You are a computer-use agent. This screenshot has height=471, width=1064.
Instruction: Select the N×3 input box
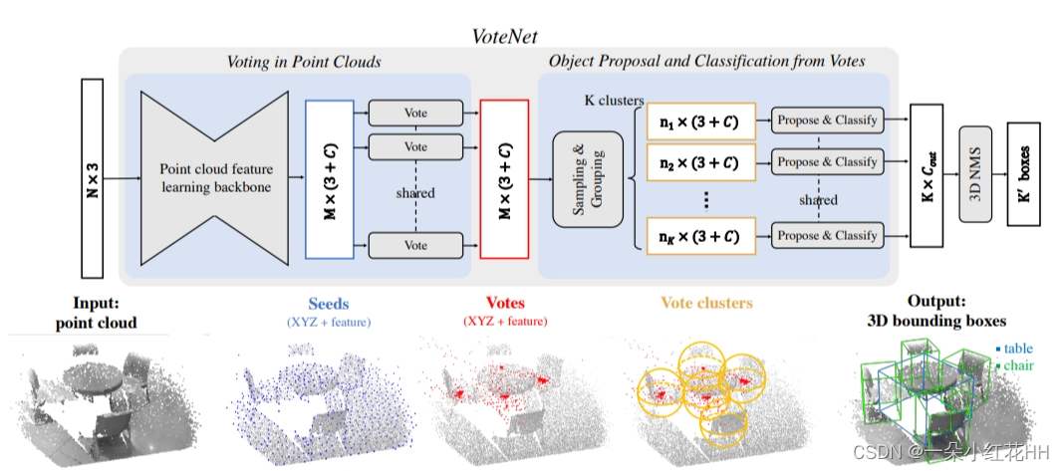point(93,179)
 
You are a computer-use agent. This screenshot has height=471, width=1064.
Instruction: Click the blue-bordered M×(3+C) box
point(329,179)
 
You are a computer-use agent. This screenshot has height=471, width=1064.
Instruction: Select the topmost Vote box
point(415,113)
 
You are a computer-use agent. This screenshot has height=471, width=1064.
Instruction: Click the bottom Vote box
point(415,245)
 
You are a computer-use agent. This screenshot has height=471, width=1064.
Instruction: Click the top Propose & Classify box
point(827,120)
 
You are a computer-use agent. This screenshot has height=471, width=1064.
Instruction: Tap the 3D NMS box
point(976,179)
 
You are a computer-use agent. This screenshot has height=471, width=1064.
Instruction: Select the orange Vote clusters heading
point(706,303)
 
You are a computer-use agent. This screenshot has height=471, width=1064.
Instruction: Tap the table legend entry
point(1014,350)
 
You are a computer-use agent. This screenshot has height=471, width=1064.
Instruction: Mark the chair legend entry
point(1015,366)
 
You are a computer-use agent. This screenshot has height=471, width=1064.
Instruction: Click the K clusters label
point(615,101)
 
